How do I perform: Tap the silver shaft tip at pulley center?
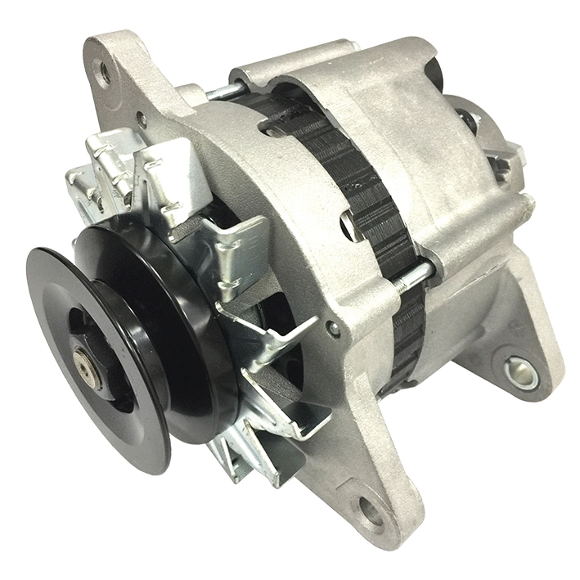click(84, 359)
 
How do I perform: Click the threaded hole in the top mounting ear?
click(105, 74)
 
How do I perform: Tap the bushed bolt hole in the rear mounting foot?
click(520, 373)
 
